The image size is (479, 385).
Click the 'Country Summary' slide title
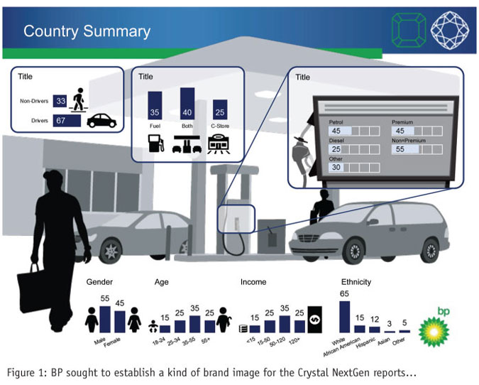87,31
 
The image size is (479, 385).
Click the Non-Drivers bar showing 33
61,102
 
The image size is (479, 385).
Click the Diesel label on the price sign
337,141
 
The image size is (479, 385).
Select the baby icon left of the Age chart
151,326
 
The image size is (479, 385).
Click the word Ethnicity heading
356,282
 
